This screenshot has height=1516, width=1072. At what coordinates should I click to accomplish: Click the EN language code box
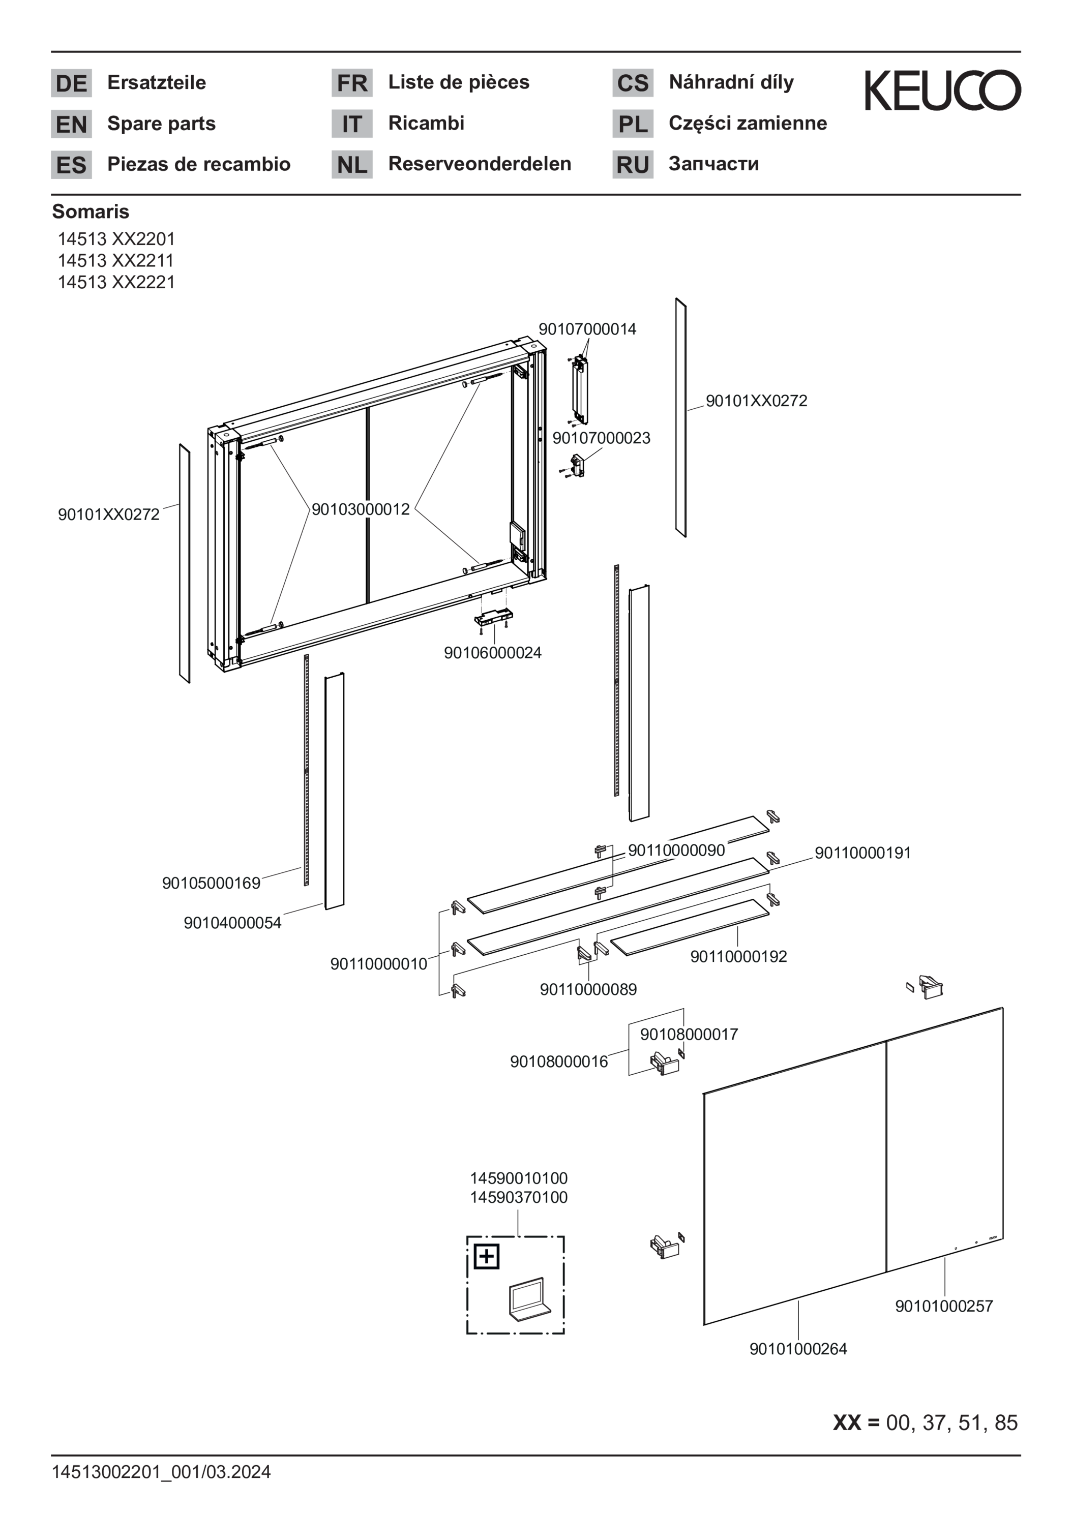(71, 124)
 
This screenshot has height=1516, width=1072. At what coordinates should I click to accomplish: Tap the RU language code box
(633, 164)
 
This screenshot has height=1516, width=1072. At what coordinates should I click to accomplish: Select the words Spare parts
(161, 124)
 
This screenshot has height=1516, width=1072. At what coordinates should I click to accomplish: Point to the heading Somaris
(91, 211)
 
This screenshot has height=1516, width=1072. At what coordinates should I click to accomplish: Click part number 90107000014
(587, 329)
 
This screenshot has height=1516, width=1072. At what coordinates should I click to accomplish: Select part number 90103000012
(361, 509)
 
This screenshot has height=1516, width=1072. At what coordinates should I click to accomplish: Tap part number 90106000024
(493, 653)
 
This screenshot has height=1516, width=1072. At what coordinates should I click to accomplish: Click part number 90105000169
(212, 884)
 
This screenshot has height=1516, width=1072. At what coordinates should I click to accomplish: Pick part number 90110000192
(738, 957)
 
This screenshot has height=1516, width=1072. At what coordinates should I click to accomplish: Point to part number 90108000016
(559, 1062)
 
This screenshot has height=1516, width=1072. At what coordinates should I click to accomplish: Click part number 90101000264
(798, 1349)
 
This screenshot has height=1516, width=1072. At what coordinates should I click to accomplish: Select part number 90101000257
(944, 1306)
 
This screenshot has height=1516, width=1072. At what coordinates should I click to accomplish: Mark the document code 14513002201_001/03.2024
(161, 1472)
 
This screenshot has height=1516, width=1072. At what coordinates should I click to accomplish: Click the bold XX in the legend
(847, 1422)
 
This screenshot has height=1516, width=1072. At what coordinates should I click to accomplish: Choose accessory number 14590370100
(519, 1197)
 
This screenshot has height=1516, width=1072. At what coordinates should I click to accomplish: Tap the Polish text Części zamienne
(748, 124)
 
